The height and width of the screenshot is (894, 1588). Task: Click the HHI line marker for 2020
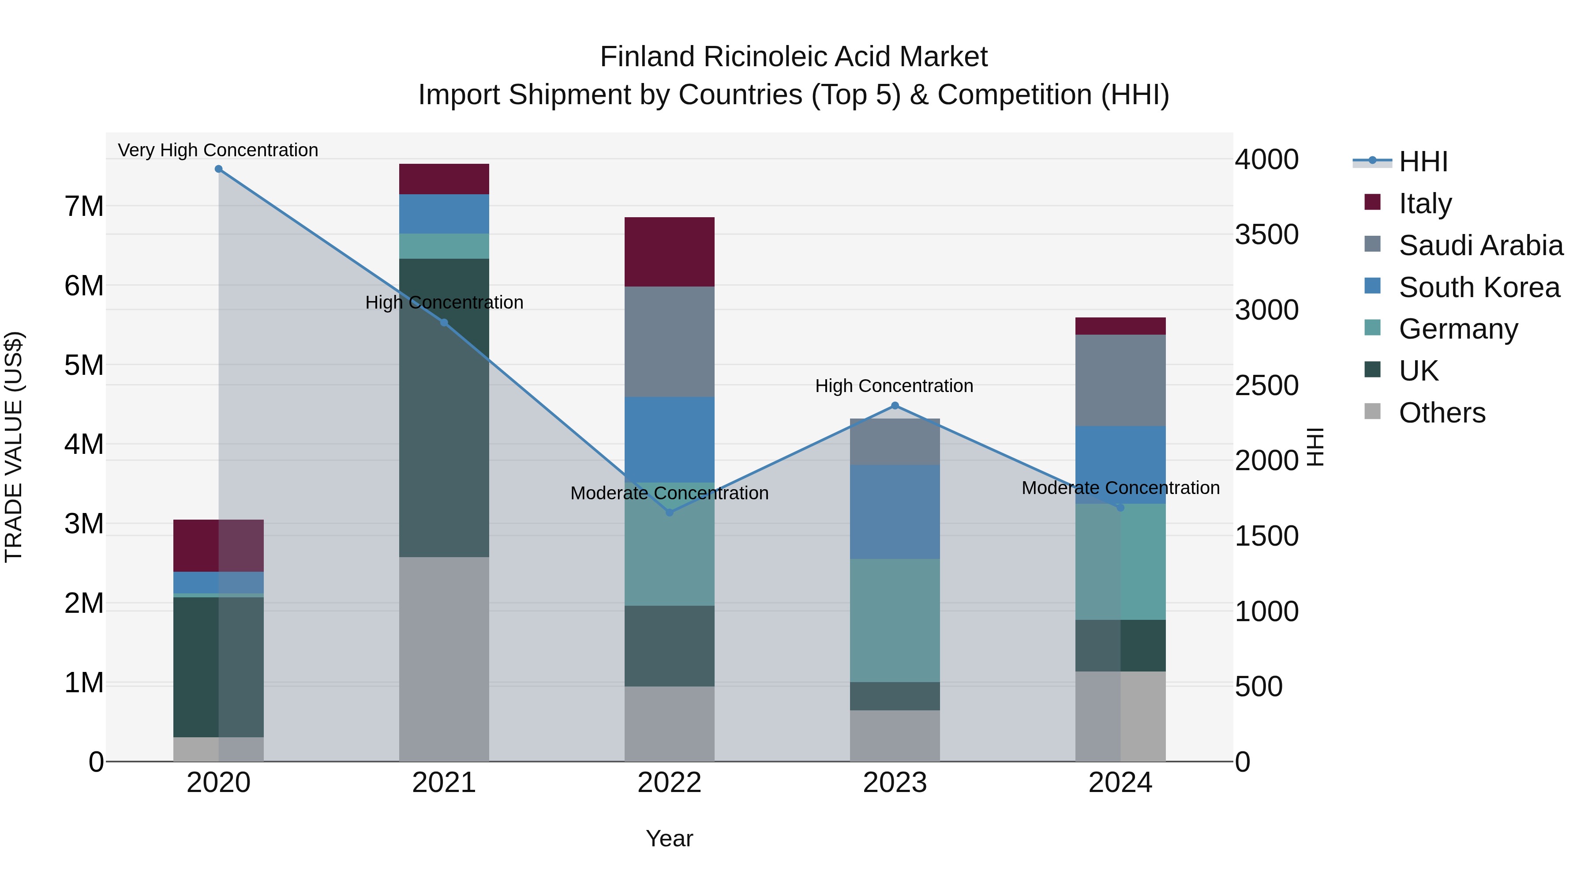pos(218,169)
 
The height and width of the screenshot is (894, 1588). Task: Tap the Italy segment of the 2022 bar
pos(670,252)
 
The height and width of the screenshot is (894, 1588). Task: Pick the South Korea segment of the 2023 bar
pos(895,512)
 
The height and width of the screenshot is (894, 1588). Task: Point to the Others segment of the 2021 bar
pos(444,659)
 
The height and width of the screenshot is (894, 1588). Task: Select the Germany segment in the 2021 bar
pos(444,246)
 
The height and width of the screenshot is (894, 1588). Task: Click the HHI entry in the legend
pos(1423,162)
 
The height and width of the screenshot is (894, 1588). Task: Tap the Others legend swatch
pos(1373,411)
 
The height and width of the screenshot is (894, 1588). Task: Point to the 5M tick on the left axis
pos(84,365)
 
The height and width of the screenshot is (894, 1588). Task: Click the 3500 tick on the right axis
pos(1266,234)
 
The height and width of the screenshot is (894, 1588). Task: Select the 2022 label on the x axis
pos(670,783)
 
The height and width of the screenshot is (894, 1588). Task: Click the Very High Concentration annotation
pos(218,150)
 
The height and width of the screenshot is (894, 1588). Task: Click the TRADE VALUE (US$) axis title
pos(14,447)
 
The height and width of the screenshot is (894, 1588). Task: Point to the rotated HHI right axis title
pos(1315,447)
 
